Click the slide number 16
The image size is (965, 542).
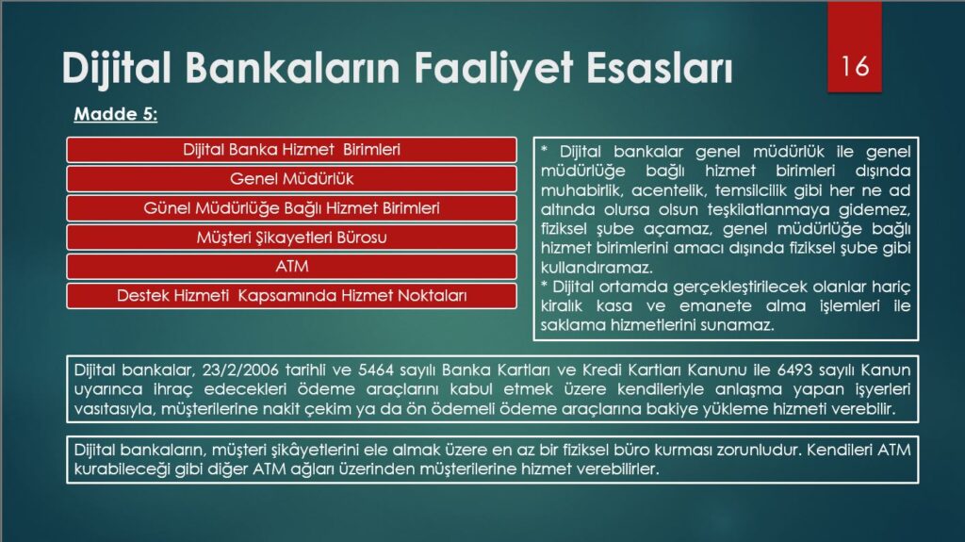click(x=855, y=66)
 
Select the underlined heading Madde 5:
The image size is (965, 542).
click(x=116, y=114)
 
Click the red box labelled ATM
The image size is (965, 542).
click(x=292, y=267)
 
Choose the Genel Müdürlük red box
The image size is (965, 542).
click(x=292, y=179)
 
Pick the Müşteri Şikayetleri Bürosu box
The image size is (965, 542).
click(x=292, y=238)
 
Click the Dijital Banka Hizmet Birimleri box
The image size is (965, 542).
click(x=292, y=150)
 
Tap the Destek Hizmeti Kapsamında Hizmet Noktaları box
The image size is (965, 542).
click(x=292, y=296)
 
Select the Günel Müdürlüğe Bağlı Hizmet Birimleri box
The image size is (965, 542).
click(x=292, y=208)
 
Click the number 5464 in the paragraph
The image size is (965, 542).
click(x=376, y=370)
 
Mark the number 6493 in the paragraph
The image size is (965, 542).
click(x=795, y=370)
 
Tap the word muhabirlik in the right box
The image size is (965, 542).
click(x=581, y=190)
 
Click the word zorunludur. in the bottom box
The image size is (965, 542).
click(x=762, y=450)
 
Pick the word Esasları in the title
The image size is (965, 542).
click(x=659, y=67)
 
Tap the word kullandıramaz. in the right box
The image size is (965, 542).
click(x=597, y=268)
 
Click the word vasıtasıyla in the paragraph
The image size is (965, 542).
click(x=114, y=409)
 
